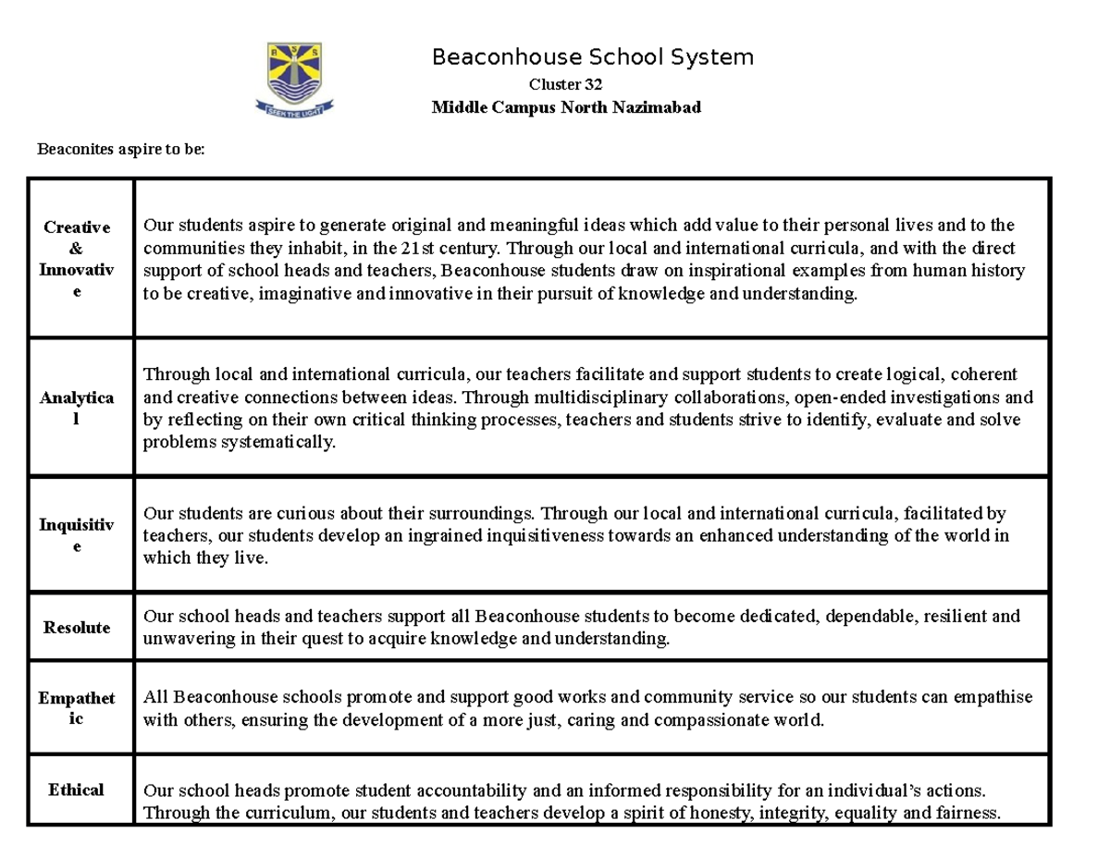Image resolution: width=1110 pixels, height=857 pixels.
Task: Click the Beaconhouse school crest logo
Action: coord(295,80)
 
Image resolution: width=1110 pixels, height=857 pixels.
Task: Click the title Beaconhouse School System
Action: coord(593,57)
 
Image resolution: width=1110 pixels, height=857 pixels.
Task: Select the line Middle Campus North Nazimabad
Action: coord(566,107)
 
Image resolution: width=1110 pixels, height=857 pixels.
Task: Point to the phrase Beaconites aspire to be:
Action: coord(119,149)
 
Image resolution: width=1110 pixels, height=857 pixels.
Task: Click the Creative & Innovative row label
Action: coord(77,259)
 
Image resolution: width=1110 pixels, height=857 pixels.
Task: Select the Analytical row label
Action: coord(77,408)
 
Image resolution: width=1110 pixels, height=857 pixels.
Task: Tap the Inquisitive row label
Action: coord(77,535)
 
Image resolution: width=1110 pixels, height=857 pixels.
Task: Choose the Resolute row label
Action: coord(77,627)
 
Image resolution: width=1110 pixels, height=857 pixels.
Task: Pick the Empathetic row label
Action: coord(77,707)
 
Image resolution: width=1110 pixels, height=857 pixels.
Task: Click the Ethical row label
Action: coord(77,790)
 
